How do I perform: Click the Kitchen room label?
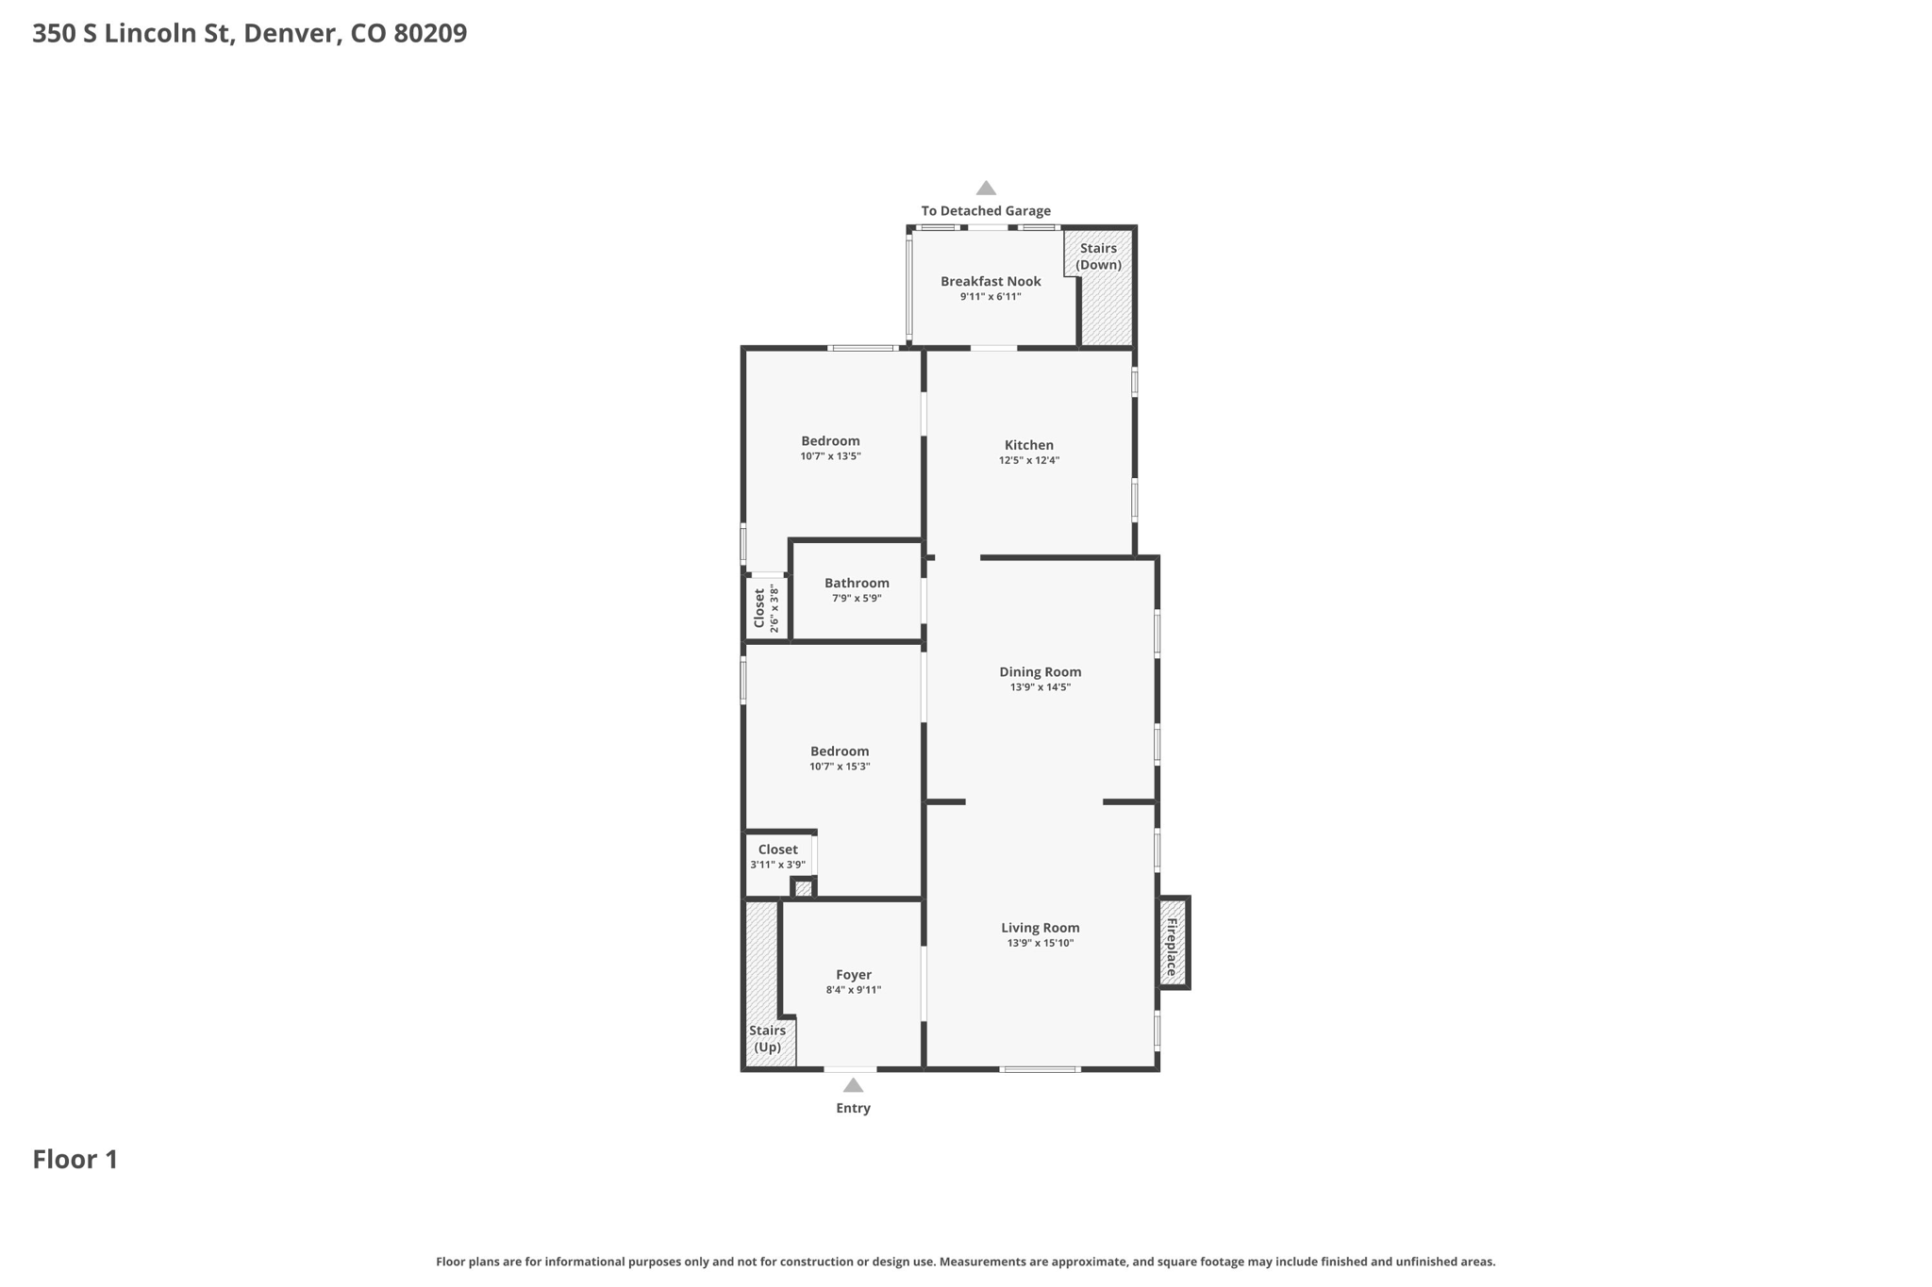click(1028, 445)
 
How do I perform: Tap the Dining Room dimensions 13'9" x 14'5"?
click(1040, 687)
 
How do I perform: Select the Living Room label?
click(1040, 928)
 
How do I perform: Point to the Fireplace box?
click(1174, 942)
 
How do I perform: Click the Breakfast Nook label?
click(991, 281)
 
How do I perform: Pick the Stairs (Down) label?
click(1098, 256)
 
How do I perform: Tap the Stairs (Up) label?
click(767, 1039)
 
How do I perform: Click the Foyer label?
click(853, 975)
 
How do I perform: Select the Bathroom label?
click(857, 583)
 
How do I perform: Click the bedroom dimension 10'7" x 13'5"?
click(830, 456)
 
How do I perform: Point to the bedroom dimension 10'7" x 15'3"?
click(839, 767)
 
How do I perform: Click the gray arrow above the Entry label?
click(853, 1085)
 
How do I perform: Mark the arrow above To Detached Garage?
click(986, 188)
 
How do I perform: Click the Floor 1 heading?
click(75, 1159)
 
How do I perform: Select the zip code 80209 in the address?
click(430, 33)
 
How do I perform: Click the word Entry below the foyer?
click(853, 1108)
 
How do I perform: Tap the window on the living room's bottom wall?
click(1040, 1069)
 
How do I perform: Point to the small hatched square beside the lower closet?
click(803, 888)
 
